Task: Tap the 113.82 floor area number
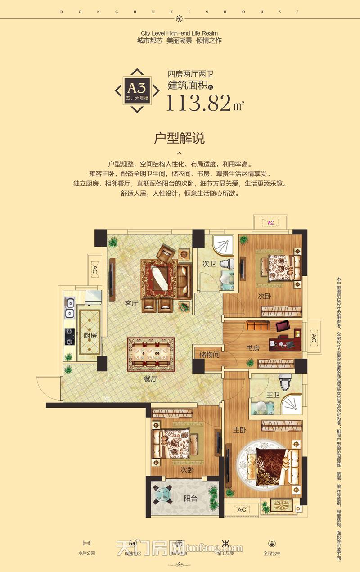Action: pyautogui.click(x=198, y=103)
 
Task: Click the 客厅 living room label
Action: pyautogui.click(x=131, y=304)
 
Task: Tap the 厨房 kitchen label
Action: pyautogui.click(x=90, y=335)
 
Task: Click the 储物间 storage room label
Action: pyautogui.click(x=209, y=355)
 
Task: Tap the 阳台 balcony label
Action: pyautogui.click(x=191, y=498)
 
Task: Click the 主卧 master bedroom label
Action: pyautogui.click(x=239, y=430)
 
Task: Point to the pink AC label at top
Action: pyautogui.click(x=271, y=223)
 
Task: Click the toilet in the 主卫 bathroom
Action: pyautogui.click(x=284, y=382)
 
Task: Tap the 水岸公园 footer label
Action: pyautogui.click(x=86, y=553)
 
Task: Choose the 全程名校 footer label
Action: pyautogui.click(x=272, y=553)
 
